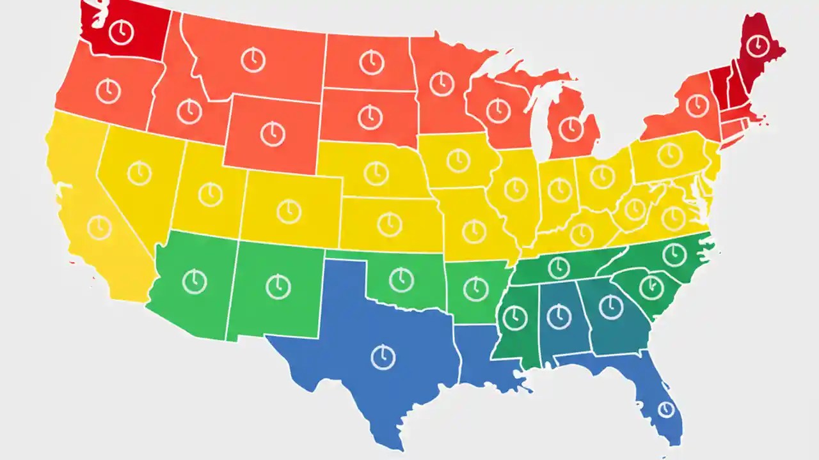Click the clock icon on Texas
point(383,356)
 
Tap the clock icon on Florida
point(666,409)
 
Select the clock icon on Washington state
point(121,32)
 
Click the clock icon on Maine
point(758,45)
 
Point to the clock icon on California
point(99,227)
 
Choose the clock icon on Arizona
point(195,281)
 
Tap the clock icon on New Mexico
point(278,286)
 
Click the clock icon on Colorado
point(289,210)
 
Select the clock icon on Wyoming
point(273,134)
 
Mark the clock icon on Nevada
point(139,172)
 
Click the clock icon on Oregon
point(108,91)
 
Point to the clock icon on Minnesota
point(441,84)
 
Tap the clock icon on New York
point(697,104)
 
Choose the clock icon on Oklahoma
point(401,279)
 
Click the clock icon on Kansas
point(389,224)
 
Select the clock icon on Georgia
point(611,307)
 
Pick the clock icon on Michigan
point(571,130)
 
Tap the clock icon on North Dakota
point(371,62)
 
